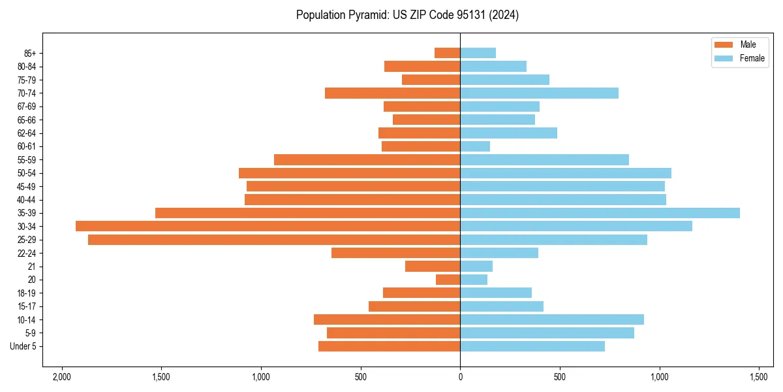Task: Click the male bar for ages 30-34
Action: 268,226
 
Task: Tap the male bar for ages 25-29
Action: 274,240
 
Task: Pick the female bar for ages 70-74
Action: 539,93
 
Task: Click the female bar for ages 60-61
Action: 475,146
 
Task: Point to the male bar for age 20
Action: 448,280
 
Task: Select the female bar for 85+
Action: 478,53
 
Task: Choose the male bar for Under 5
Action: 389,346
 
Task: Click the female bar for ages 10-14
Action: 552,319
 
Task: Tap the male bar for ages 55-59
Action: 367,160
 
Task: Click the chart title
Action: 407,15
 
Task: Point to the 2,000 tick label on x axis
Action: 62,378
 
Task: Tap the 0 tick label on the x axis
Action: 460,378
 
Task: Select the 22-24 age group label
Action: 27,253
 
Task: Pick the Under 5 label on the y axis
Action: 23,346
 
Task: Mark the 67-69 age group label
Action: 27,106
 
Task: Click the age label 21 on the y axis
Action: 31,267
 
